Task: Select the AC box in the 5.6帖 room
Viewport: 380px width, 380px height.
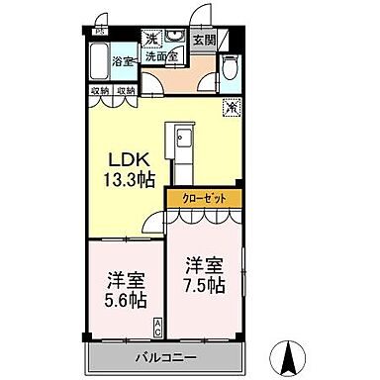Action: tap(156, 323)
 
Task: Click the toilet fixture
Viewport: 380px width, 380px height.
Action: tap(230, 67)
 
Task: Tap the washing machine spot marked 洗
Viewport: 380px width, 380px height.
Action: tap(151, 39)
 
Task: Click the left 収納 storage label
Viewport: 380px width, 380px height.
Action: tap(100, 91)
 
